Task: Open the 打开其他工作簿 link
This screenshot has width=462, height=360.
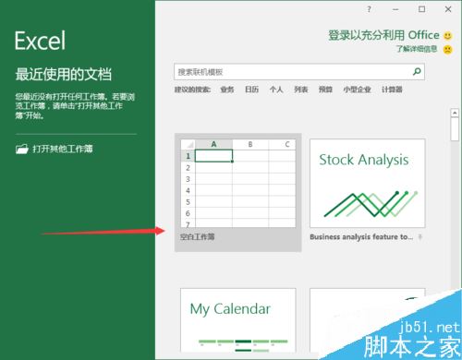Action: click(63, 148)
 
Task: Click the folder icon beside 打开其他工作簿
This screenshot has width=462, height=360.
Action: click(21, 148)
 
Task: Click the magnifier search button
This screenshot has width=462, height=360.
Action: click(417, 71)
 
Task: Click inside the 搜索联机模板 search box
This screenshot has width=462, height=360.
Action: click(286, 71)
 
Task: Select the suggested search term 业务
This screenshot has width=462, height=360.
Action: click(227, 90)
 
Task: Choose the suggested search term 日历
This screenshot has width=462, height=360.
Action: click(251, 90)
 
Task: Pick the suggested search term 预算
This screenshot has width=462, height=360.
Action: click(325, 90)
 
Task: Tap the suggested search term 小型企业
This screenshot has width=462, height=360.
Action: click(357, 90)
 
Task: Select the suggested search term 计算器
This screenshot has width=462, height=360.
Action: click(392, 90)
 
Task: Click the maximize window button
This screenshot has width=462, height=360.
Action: click(420, 8)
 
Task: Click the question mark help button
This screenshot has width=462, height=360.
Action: click(369, 8)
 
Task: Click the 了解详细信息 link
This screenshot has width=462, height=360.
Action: click(417, 48)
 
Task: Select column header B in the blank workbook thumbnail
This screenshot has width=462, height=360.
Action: click(250, 145)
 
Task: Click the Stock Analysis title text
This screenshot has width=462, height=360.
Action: click(363, 160)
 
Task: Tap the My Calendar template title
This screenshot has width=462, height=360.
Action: click(230, 309)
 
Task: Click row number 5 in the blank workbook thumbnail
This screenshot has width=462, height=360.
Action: click(188, 201)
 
